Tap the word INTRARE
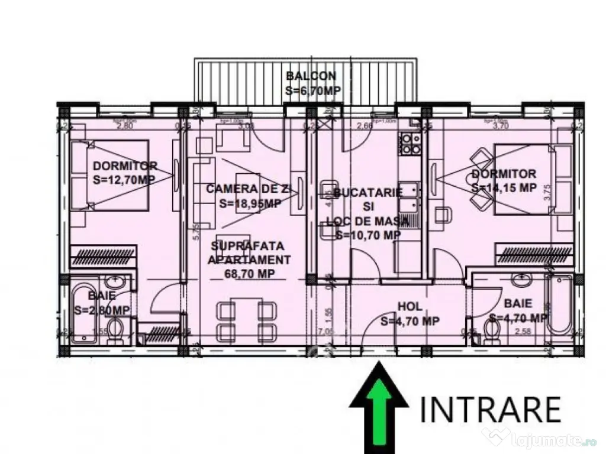coord(491,409)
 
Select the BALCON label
coord(311,76)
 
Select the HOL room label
coord(410,307)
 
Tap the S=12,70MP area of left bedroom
coord(125,180)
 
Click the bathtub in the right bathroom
coord(559,304)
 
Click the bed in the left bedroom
coord(109,174)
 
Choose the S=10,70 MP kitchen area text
coord(368,235)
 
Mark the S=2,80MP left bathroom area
coord(102,310)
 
